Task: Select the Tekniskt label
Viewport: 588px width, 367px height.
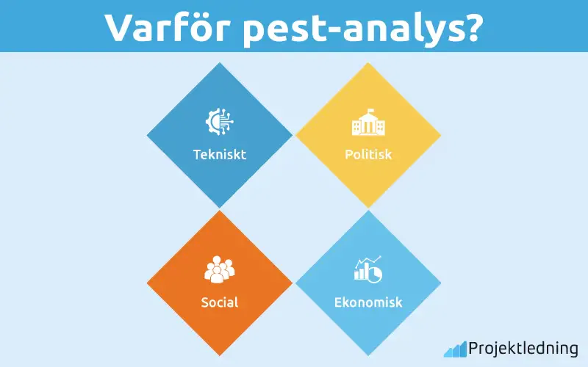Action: [219, 155]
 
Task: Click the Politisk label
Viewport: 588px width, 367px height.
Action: [368, 155]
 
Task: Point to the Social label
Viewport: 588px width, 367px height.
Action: [219, 302]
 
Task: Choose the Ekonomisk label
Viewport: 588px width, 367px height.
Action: [368, 302]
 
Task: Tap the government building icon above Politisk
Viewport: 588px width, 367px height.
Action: [367, 123]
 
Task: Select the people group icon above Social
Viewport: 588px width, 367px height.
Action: [219, 269]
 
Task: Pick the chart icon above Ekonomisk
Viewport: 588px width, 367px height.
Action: [367, 269]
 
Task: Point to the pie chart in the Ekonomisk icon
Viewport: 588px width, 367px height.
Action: [375, 274]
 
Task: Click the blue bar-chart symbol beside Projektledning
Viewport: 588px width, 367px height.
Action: [455, 349]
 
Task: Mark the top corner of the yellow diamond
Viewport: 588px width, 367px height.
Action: [367, 64]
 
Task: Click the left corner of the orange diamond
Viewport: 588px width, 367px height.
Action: [148, 283]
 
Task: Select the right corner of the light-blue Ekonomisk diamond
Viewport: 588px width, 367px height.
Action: [440, 283]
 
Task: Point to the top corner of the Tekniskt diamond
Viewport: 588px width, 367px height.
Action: [219, 64]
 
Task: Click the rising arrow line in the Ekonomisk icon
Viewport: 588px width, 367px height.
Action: [369, 262]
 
